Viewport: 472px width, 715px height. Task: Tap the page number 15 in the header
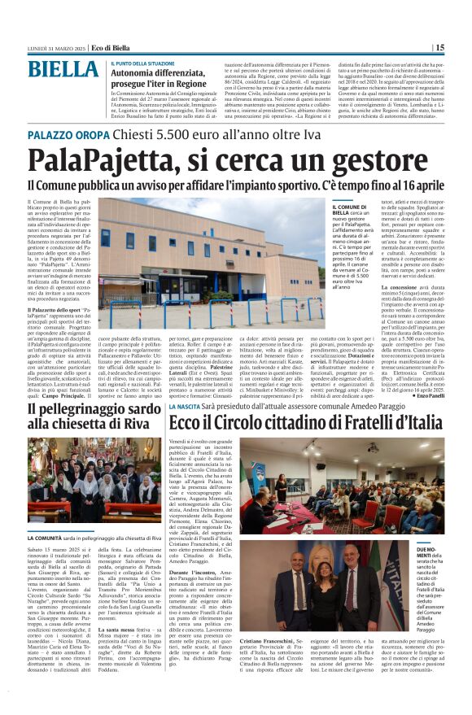(x=440, y=47)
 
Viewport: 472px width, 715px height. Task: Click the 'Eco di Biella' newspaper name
(x=110, y=48)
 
